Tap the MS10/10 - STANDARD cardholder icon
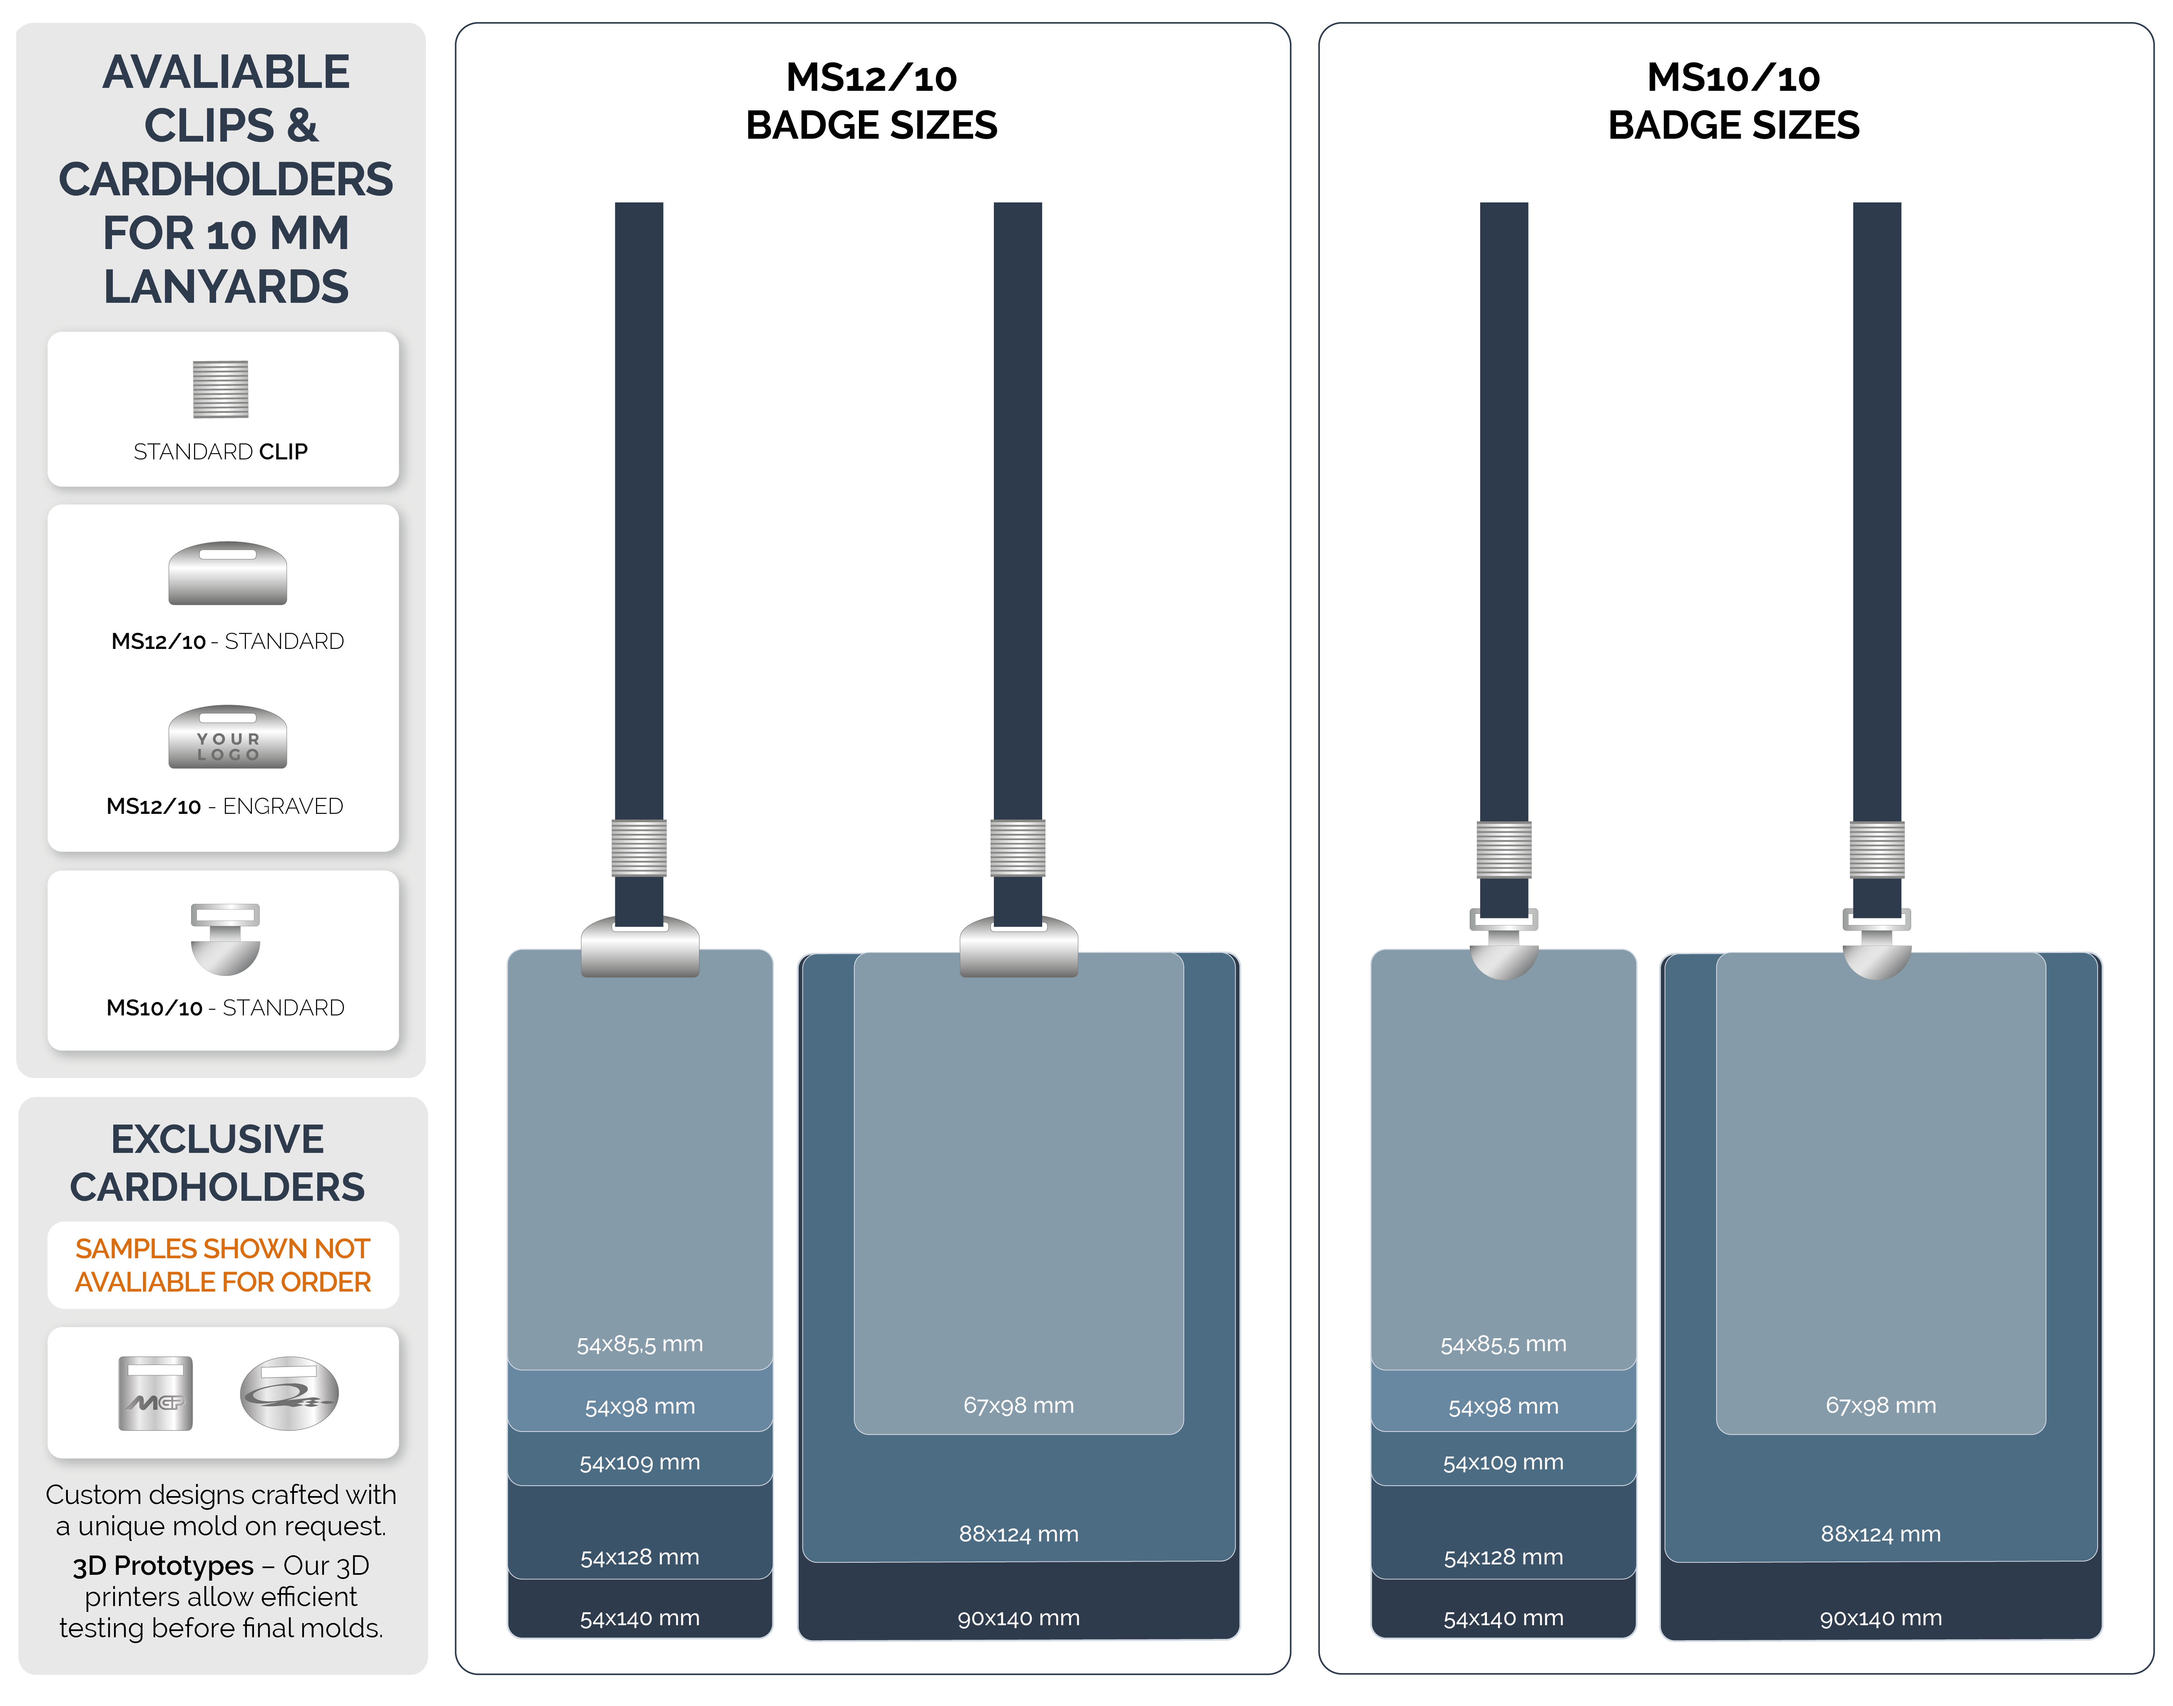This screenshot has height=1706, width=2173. (x=226, y=939)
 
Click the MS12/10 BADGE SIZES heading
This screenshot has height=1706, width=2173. (x=872, y=101)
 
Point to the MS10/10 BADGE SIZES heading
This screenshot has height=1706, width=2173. (x=1734, y=101)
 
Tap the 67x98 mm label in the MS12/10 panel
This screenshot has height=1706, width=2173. (x=1018, y=1405)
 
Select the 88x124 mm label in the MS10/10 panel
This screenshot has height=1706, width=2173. (x=1880, y=1534)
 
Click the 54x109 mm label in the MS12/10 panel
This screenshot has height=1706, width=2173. (x=640, y=1462)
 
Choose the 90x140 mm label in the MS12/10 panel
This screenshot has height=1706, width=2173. (x=1018, y=1618)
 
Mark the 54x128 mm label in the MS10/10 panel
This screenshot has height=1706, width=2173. (x=1503, y=1557)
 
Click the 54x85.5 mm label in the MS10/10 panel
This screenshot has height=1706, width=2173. (x=1503, y=1344)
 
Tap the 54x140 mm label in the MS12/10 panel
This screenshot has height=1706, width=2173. (x=640, y=1618)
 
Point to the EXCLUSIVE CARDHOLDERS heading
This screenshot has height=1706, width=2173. (x=218, y=1162)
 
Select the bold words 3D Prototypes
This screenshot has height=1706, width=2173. (x=163, y=1565)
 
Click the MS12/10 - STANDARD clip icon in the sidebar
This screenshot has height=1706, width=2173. (x=228, y=574)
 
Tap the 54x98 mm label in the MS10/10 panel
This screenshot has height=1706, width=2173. (x=1503, y=1407)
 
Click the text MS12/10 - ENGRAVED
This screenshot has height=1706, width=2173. (x=225, y=806)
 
